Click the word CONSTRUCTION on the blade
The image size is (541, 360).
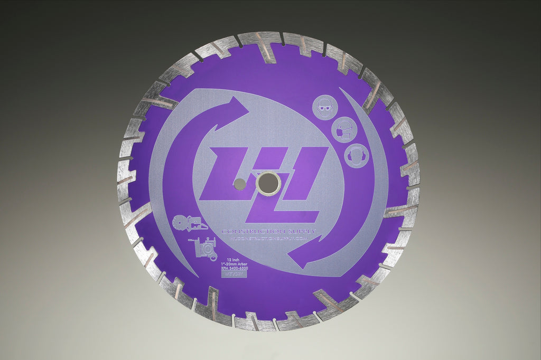tap(253, 232)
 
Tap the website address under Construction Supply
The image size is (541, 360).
tap(269, 239)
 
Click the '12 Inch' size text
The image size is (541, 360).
tap(232, 260)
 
